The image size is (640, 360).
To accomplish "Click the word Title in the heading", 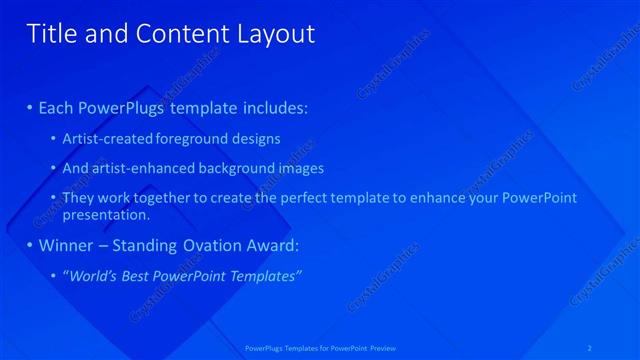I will pyautogui.click(x=51, y=34).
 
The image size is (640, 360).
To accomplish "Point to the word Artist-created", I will pyautogui.click(x=108, y=139).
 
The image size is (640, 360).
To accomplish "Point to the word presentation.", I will pyautogui.click(x=105, y=214).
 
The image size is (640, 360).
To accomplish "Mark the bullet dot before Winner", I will pyautogui.click(x=29, y=245).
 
